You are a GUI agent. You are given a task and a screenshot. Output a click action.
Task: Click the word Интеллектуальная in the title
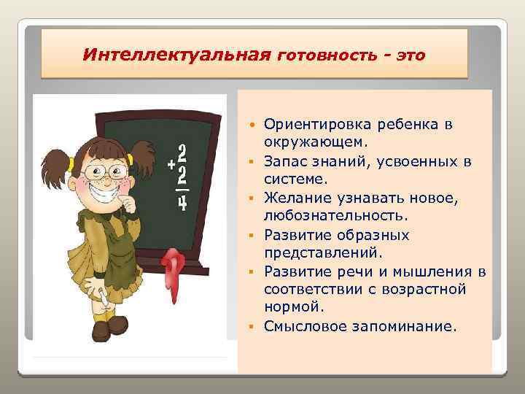click(x=177, y=55)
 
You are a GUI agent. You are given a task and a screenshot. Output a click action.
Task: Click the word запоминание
click(x=405, y=327)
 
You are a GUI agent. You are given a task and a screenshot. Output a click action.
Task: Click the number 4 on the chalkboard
click(x=182, y=202)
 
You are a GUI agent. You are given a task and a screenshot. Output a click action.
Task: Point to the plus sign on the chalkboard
click(x=171, y=166)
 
